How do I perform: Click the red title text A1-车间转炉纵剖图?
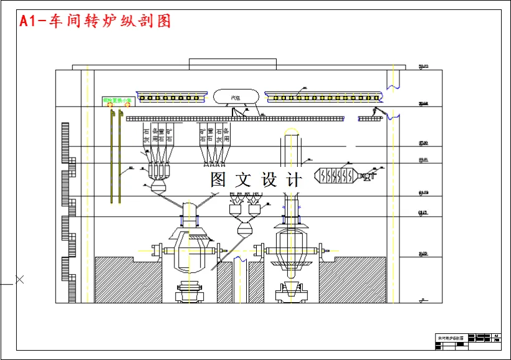[x=95, y=21]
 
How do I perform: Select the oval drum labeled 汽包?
[x=236, y=97]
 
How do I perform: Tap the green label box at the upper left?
[x=118, y=100]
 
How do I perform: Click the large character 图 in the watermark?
[x=218, y=180]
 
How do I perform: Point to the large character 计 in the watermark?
[x=294, y=180]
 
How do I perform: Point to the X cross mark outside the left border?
[x=19, y=280]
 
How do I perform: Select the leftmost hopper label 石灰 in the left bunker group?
[x=146, y=136]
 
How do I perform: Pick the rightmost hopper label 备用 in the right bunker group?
[x=227, y=136]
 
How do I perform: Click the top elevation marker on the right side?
[x=424, y=66]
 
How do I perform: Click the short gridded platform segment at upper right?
[x=370, y=118]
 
